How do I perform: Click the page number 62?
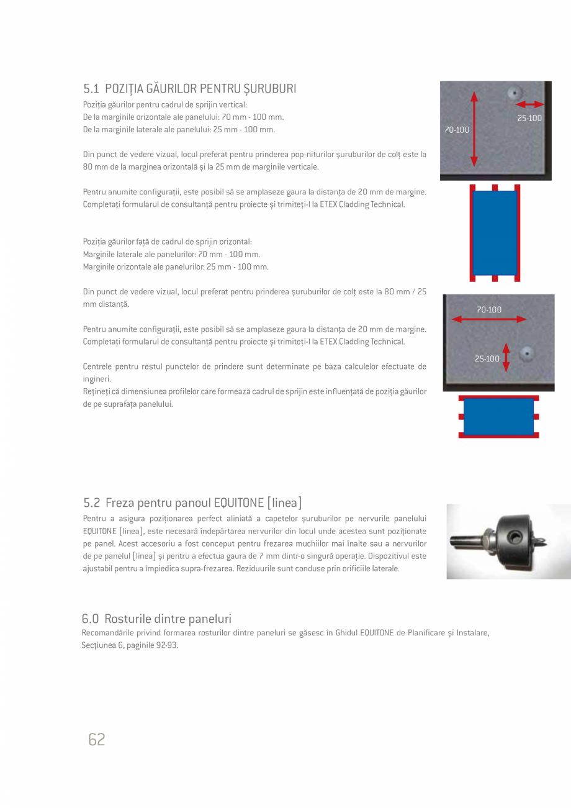[97, 739]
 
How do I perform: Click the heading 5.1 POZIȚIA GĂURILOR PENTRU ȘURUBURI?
[189, 88]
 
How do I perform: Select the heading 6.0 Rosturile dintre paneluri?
[156, 619]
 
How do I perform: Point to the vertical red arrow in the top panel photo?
[474, 130]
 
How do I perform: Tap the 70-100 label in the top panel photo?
[457, 130]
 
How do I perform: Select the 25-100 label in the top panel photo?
[529, 118]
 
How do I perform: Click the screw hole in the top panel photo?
[513, 94]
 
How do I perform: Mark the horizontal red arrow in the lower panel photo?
[488, 319]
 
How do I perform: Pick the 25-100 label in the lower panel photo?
[487, 358]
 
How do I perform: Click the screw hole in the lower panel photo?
[527, 352]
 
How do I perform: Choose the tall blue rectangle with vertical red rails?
[495, 233]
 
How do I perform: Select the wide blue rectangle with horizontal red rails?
[498, 416]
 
